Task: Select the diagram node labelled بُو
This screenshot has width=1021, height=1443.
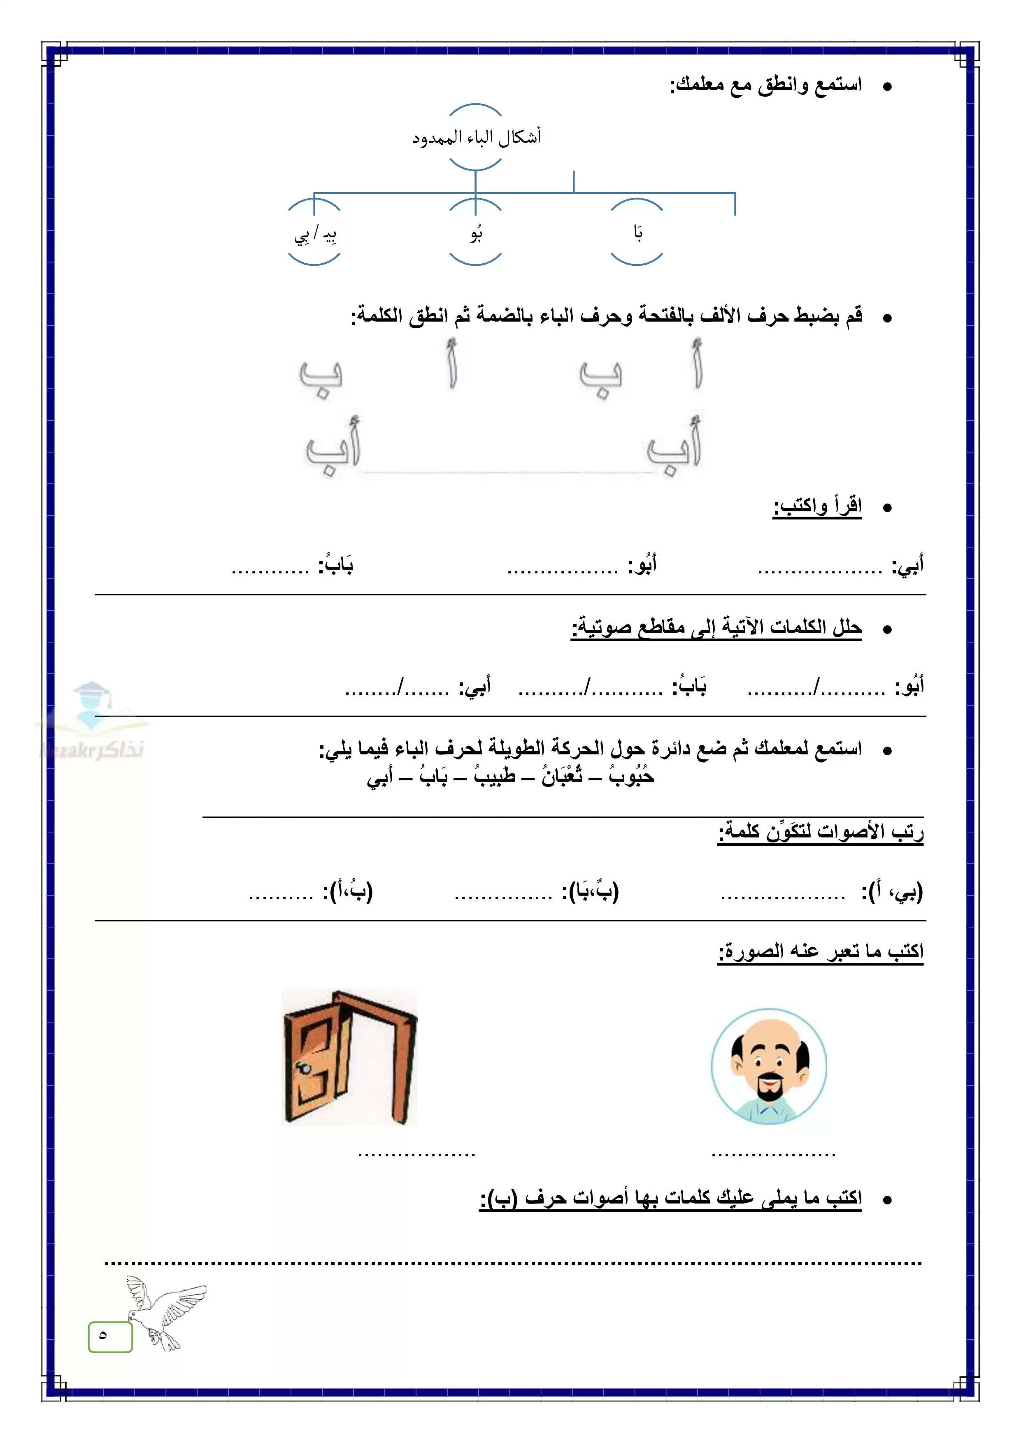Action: [x=476, y=233]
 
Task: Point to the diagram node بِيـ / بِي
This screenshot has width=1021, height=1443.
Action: [x=314, y=234]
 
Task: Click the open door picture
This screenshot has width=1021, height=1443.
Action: [x=349, y=1057]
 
